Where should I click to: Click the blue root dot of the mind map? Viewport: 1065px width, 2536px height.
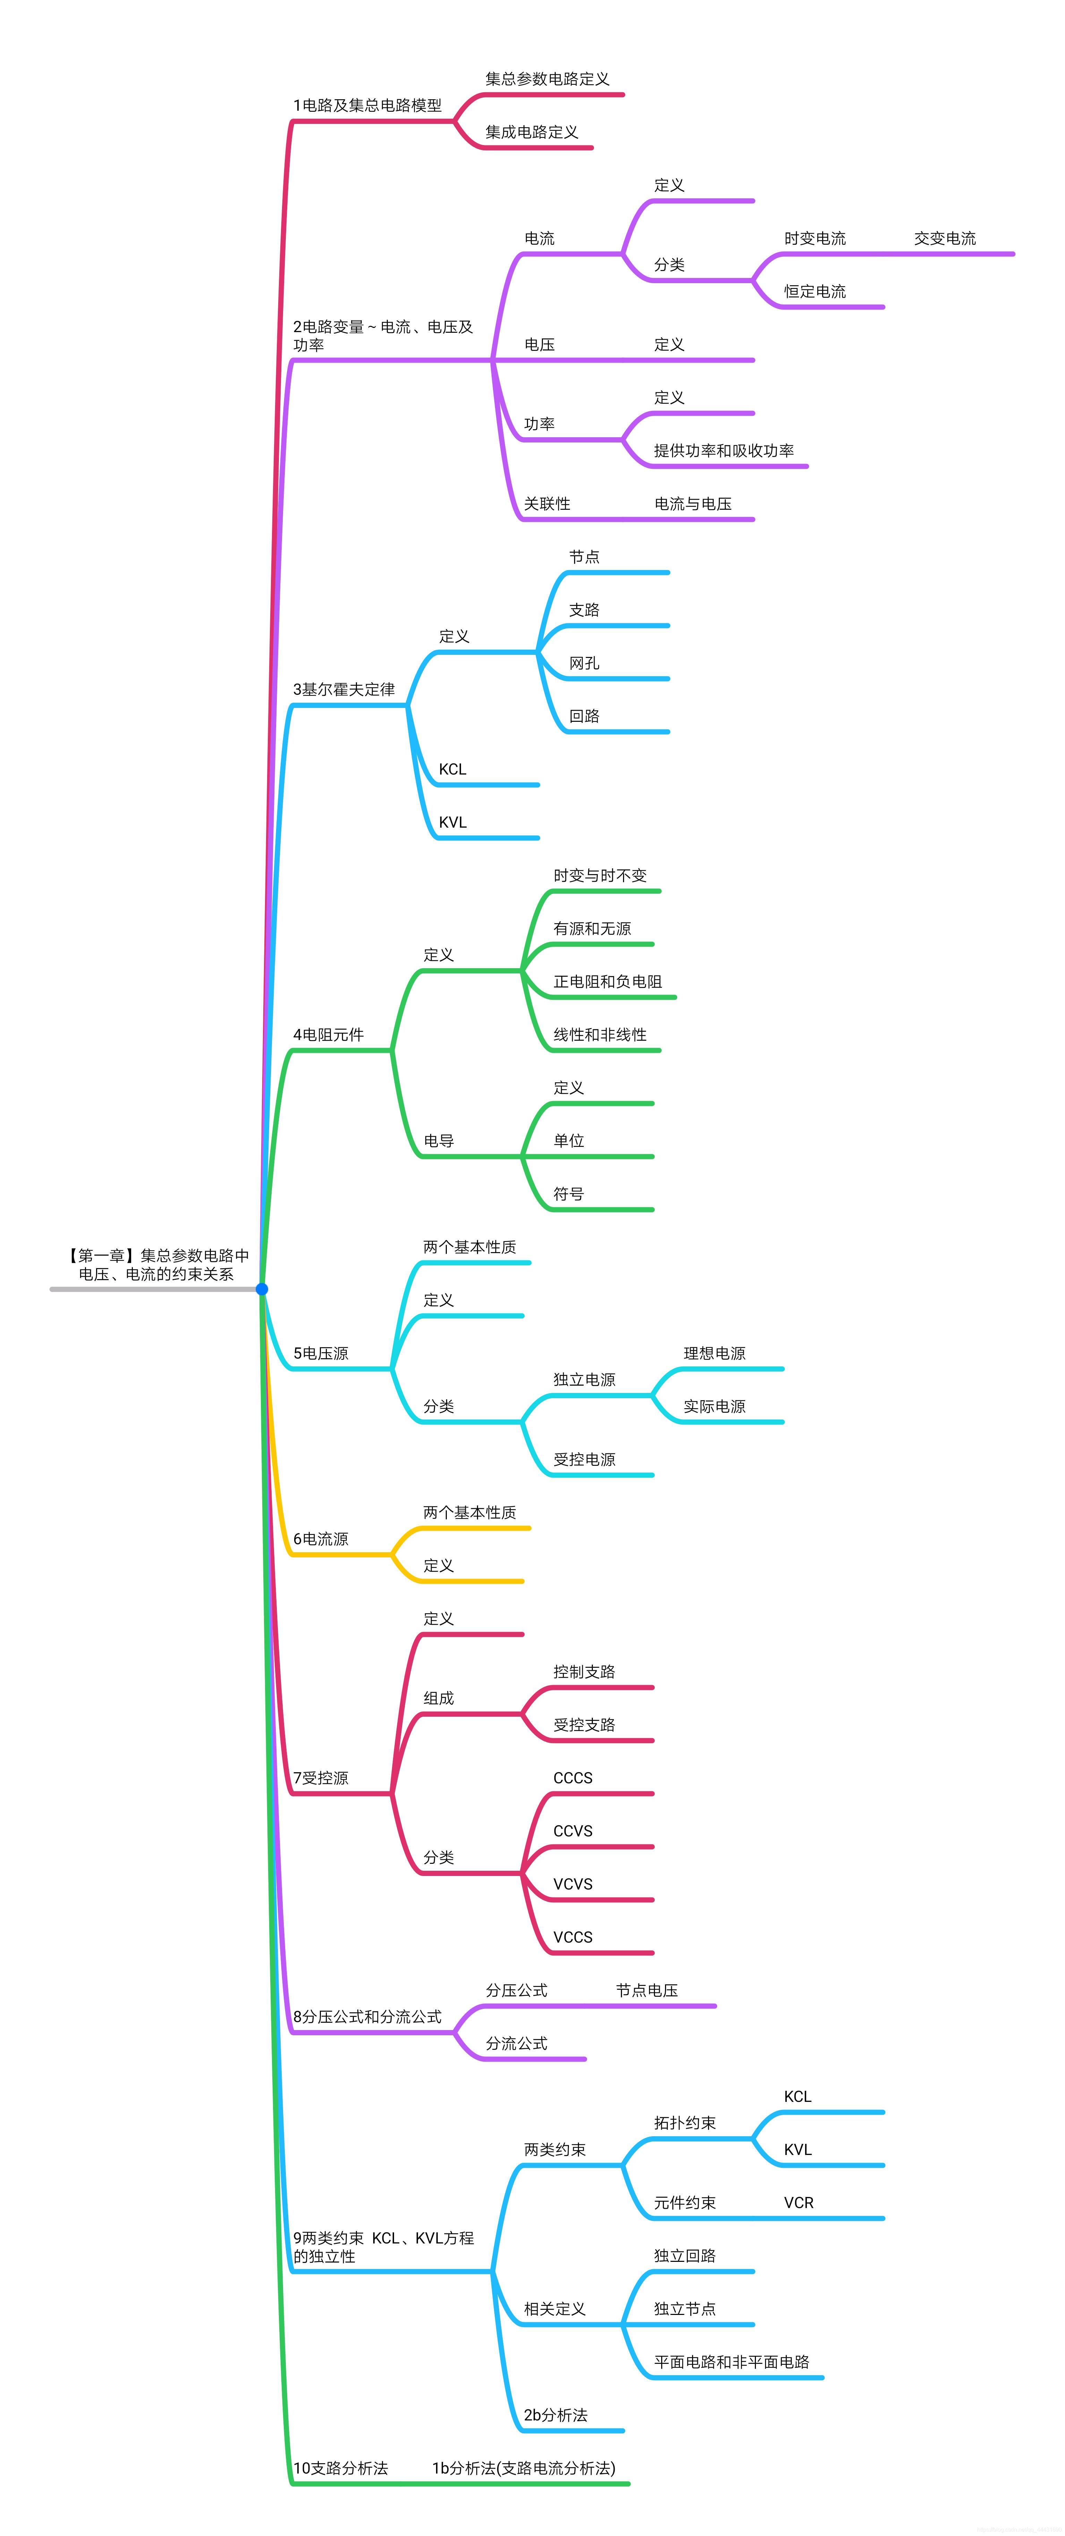(262, 1289)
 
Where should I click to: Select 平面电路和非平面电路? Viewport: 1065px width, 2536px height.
(731, 2363)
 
